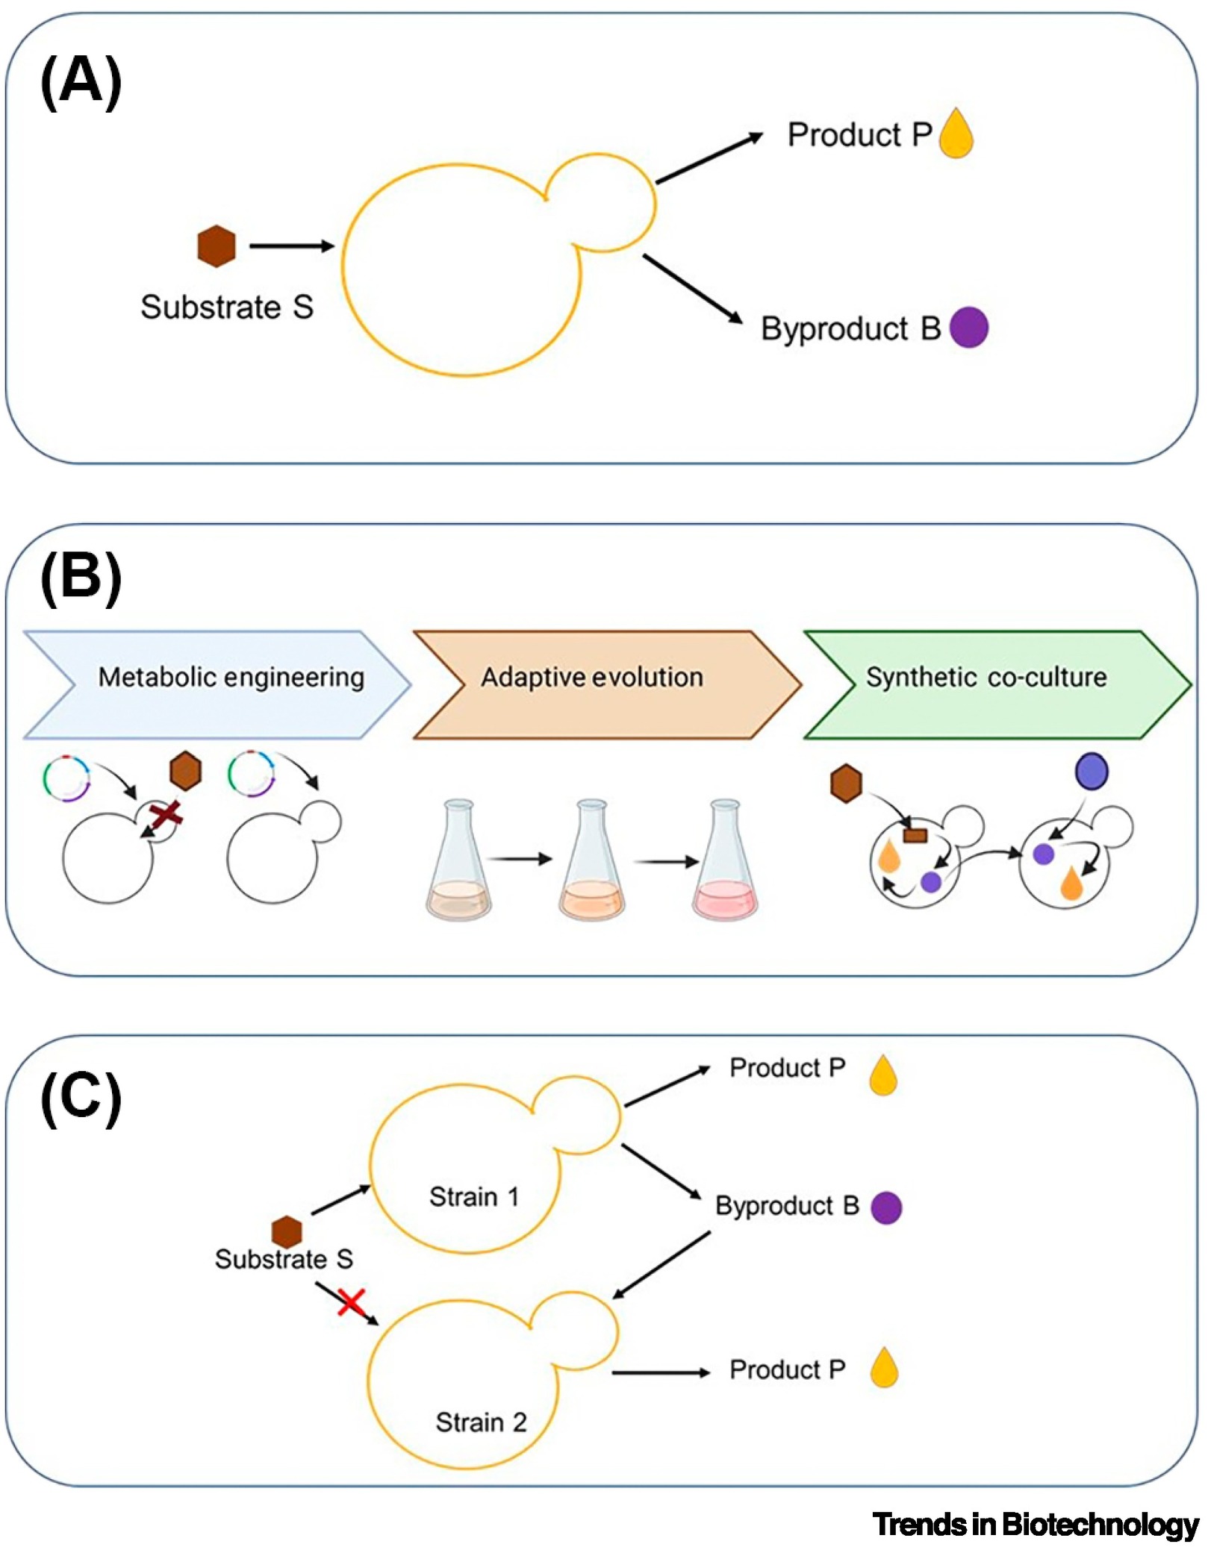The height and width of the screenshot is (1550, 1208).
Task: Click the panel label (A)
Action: pos(81,81)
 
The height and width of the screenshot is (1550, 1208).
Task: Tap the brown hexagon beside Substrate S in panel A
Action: pos(217,246)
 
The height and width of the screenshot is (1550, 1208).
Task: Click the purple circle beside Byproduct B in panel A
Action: pos(969,327)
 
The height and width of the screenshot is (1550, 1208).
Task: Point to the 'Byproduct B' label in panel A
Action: pos(850,328)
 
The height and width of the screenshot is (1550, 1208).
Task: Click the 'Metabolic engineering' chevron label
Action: pos(231,677)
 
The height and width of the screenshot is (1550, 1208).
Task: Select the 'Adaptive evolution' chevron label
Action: pos(592,677)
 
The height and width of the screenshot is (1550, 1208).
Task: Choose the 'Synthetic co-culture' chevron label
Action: pos(986,677)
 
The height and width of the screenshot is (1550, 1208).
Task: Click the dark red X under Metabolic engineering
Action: pos(166,815)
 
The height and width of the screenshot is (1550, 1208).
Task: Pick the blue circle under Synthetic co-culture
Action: pos(1092,771)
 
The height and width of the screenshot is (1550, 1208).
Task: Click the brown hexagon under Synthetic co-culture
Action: pos(846,784)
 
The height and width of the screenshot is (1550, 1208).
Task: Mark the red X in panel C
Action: pos(351,1301)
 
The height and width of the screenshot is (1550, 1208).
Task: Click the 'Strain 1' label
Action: pos(473,1196)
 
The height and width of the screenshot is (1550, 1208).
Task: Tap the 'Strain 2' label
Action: pos(481,1422)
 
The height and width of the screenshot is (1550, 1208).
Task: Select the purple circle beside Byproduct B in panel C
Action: pos(886,1207)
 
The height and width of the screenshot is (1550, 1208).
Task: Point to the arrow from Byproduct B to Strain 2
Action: pos(661,1264)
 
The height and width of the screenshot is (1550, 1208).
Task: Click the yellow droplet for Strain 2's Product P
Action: pos(884,1367)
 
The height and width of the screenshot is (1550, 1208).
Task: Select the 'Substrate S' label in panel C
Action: pos(284,1259)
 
